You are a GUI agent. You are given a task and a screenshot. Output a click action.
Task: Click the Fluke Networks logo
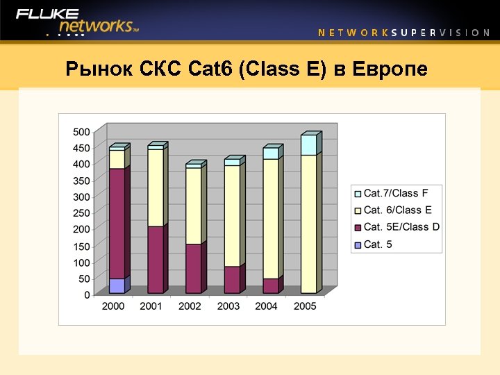pyautogui.click(x=78, y=22)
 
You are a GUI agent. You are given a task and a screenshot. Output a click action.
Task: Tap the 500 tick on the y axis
pyautogui.click(x=81, y=132)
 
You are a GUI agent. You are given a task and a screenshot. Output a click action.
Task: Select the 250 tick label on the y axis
pyautogui.click(x=81, y=213)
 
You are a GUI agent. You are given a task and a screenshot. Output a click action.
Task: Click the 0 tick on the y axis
pyautogui.click(x=87, y=294)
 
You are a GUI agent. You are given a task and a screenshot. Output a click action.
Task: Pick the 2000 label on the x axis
pyautogui.click(x=113, y=306)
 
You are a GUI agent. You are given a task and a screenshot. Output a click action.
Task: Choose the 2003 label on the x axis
pyautogui.click(x=228, y=306)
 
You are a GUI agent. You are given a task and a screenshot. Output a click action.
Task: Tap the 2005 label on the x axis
pyautogui.click(x=305, y=306)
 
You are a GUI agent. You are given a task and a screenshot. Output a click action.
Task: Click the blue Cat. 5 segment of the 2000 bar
pyautogui.click(x=117, y=285)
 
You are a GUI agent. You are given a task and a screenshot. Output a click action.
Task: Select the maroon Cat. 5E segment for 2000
pyautogui.click(x=117, y=222)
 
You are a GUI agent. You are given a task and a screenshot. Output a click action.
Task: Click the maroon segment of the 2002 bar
pyautogui.click(x=193, y=268)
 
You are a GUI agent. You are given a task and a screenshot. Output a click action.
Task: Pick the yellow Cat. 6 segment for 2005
pyautogui.click(x=308, y=222)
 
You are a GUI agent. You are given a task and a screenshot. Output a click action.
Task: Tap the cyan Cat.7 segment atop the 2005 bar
pyautogui.click(x=308, y=144)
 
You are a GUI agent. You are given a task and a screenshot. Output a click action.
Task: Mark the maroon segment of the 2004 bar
pyautogui.click(x=270, y=285)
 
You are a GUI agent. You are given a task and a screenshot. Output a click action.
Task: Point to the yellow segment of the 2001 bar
pyautogui.click(x=156, y=187)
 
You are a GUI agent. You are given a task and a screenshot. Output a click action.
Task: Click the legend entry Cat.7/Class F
pyautogui.click(x=396, y=193)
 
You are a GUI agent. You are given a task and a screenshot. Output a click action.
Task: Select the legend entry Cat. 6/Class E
pyautogui.click(x=397, y=210)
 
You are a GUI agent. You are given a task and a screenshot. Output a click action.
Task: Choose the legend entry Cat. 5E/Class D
pyautogui.click(x=401, y=227)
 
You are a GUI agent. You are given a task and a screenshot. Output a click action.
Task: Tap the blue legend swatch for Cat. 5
pyautogui.click(x=358, y=244)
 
